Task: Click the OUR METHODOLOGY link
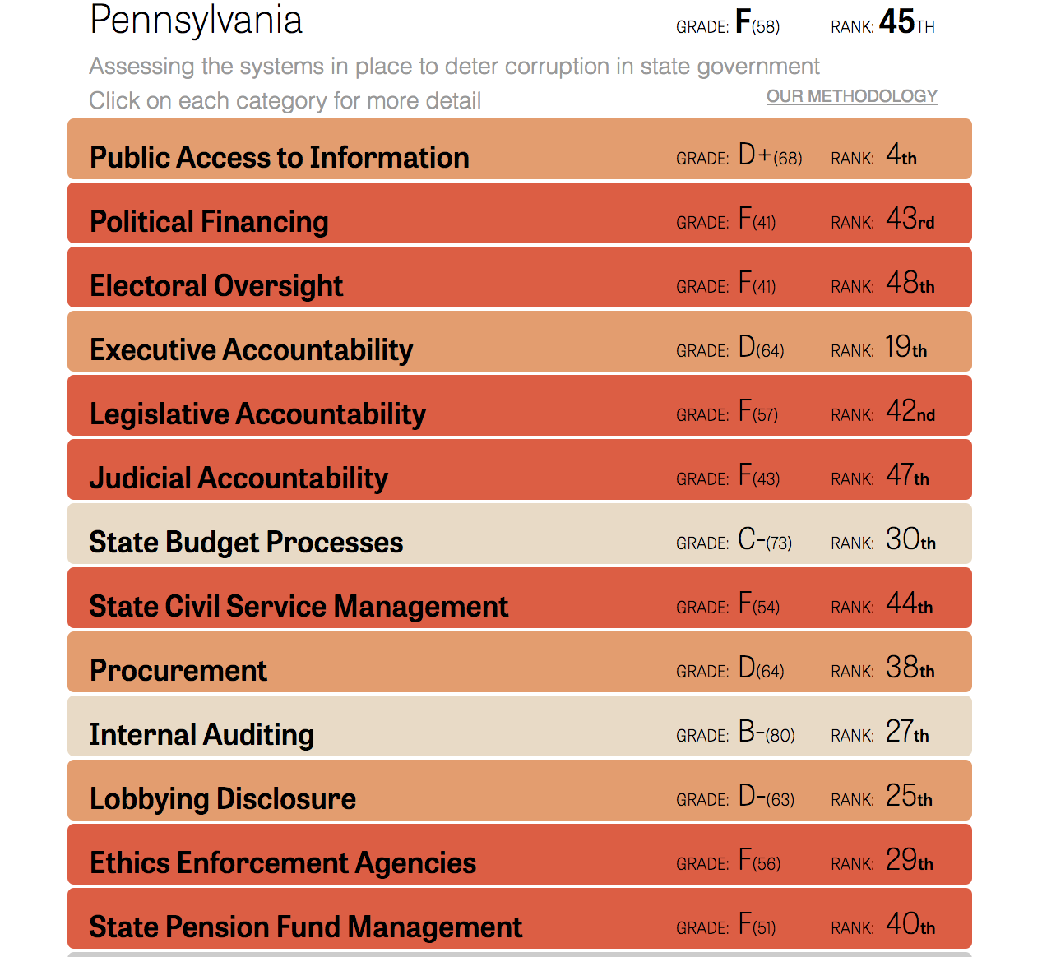click(x=851, y=96)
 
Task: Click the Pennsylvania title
click(x=196, y=21)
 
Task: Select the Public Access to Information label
click(x=279, y=157)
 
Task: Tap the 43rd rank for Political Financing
click(x=910, y=219)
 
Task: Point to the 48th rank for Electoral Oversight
click(x=910, y=283)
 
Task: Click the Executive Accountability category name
click(x=251, y=349)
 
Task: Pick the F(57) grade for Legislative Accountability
click(x=757, y=411)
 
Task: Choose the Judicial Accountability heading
click(x=239, y=478)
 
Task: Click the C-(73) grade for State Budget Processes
click(x=765, y=539)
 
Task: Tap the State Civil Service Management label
click(x=299, y=606)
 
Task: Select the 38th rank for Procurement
click(x=910, y=668)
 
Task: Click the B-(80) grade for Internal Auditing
click(x=767, y=732)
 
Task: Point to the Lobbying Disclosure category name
click(x=223, y=798)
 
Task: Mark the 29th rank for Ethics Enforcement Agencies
click(x=909, y=860)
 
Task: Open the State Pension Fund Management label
click(x=305, y=927)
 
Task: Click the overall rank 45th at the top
click(x=906, y=22)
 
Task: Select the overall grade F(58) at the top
click(x=757, y=23)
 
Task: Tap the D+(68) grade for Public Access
click(x=770, y=155)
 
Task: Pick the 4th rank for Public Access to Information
click(x=901, y=155)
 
